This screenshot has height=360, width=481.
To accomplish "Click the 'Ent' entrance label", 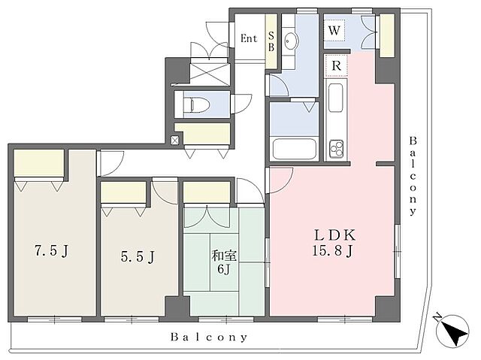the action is (249, 38).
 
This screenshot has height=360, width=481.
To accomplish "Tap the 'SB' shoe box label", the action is (271, 41).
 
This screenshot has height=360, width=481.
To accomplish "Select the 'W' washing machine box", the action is (334, 30).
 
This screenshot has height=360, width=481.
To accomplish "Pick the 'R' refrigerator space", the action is (337, 65).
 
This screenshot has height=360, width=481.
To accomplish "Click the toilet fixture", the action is (197, 104).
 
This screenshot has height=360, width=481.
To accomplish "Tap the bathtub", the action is (295, 150).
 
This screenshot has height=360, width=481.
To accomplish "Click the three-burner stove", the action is (337, 148).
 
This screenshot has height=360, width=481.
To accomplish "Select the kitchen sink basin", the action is (336, 98).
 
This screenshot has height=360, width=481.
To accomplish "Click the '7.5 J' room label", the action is (51, 251).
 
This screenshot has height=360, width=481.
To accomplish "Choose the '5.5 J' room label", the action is (138, 256).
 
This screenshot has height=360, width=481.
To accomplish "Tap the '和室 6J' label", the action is (224, 262).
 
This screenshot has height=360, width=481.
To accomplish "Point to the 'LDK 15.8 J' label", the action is (334, 243).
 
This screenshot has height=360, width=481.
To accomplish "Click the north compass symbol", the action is (452, 330).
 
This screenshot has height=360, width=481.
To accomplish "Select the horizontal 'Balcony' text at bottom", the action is (209, 337).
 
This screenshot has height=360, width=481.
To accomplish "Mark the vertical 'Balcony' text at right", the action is (413, 177).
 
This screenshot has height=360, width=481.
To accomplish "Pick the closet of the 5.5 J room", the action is (123, 192).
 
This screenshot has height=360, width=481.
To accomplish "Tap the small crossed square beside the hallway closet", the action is (174, 141).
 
